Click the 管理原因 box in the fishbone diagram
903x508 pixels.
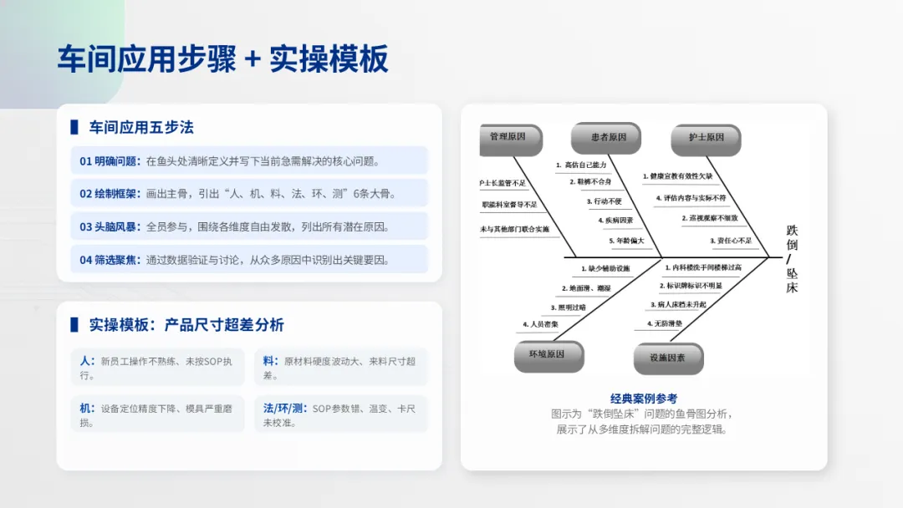pos(508,137)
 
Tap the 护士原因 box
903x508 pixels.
pos(707,138)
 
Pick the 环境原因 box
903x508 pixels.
pos(547,354)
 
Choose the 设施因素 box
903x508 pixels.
pos(667,358)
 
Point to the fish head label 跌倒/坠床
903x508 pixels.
pos(792,258)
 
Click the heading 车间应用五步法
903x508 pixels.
pos(141,128)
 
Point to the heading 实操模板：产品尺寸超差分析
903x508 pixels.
pos(186,325)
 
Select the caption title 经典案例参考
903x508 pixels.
pos(643,399)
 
